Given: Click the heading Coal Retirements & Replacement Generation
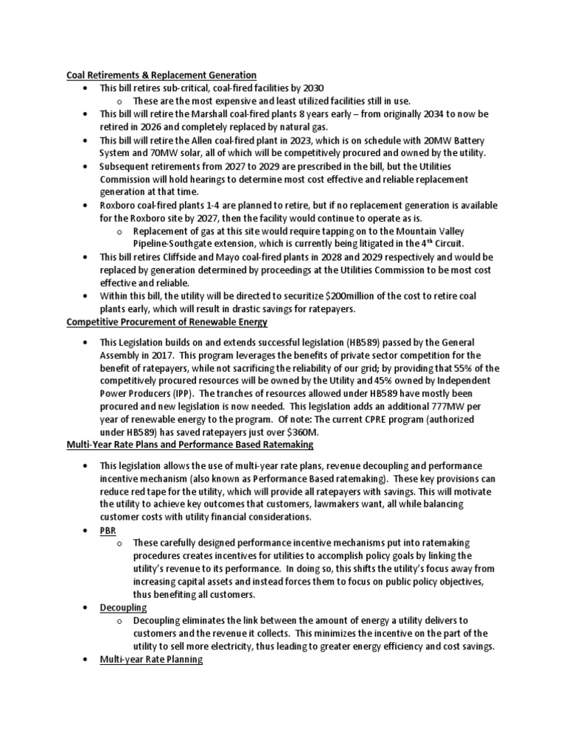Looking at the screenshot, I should click(x=161, y=75).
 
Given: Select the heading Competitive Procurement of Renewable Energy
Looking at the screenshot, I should click(x=167, y=322).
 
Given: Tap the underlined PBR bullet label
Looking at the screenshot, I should click(x=108, y=530).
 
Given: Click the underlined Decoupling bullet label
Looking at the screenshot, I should click(x=124, y=607).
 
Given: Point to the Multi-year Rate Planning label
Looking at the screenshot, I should click(x=152, y=660).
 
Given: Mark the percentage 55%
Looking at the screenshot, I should click(x=467, y=367).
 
